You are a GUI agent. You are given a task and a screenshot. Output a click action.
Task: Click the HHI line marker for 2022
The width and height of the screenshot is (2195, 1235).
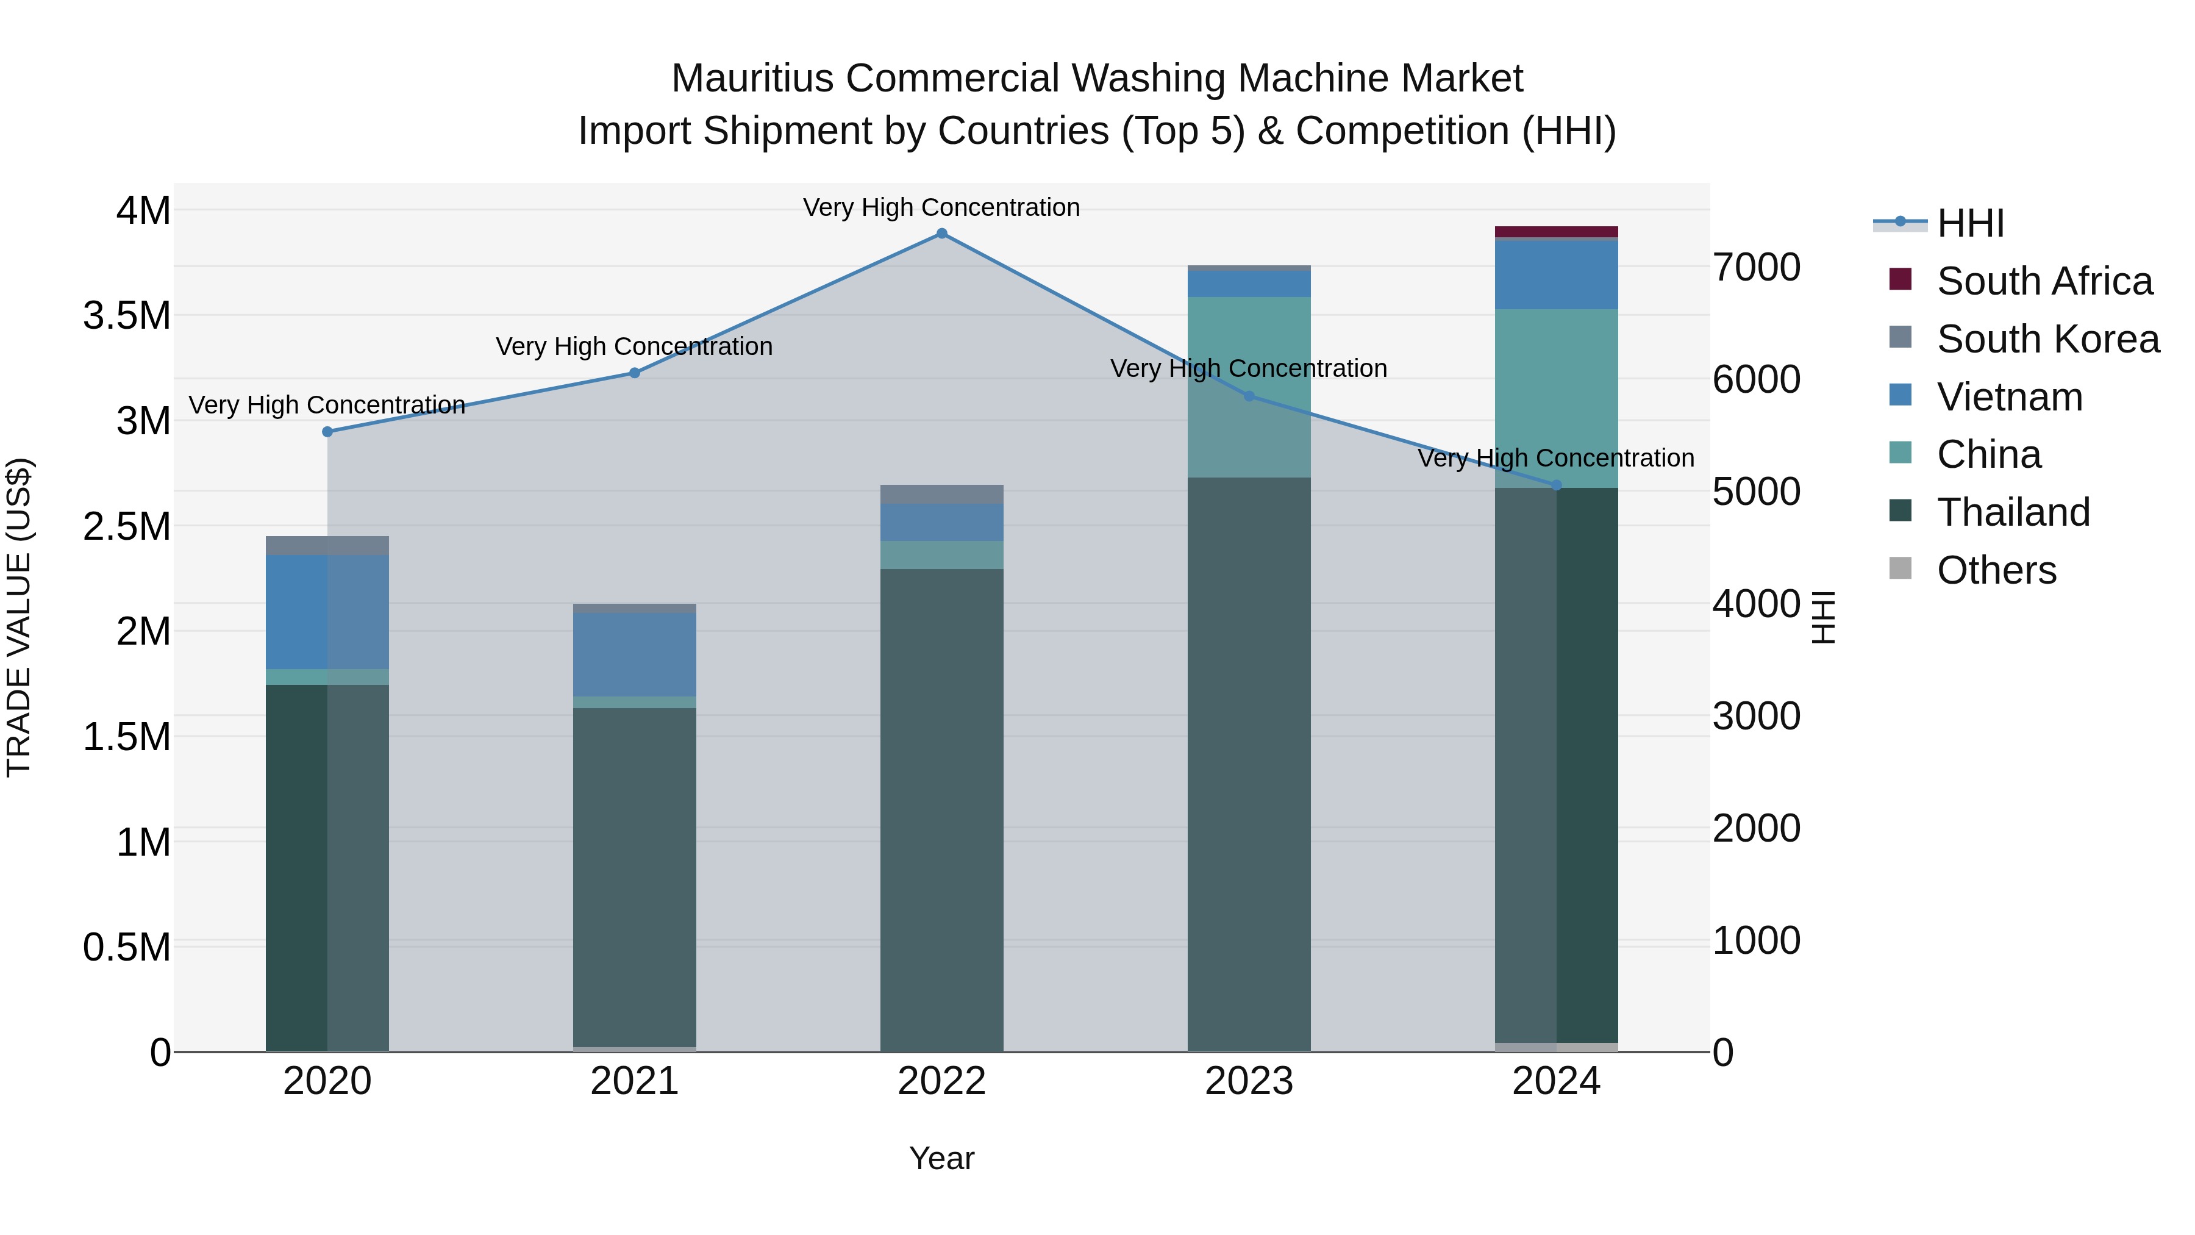click(941, 234)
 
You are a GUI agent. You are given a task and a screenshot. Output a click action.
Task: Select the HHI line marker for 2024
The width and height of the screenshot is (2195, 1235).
click(1556, 485)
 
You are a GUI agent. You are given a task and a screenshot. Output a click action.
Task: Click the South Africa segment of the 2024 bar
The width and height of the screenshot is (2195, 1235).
click(1556, 232)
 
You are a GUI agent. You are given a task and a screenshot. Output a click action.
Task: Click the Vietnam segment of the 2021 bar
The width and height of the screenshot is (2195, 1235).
click(634, 654)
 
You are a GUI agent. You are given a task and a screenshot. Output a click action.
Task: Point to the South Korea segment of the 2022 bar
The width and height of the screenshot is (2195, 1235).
click(941, 495)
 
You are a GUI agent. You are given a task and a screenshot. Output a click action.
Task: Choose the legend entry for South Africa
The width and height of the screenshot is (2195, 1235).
click(2043, 281)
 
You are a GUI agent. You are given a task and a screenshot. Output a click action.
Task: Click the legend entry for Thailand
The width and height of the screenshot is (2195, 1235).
click(2013, 512)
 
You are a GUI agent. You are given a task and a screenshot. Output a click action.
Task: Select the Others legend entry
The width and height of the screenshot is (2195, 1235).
click(1996, 570)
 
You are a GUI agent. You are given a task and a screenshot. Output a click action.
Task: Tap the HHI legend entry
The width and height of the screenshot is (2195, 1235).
click(1969, 223)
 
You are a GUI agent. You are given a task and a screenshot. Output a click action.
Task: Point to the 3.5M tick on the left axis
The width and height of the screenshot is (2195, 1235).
click(127, 315)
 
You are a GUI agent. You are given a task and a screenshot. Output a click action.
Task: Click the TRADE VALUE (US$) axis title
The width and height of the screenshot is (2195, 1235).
click(19, 617)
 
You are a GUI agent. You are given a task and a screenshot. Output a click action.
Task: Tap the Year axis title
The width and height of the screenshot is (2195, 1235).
click(941, 1158)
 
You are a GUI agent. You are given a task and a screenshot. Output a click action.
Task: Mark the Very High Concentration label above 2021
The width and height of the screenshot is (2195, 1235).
click(634, 347)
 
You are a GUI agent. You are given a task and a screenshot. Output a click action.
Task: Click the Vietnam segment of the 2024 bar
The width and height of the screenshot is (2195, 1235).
click(1556, 274)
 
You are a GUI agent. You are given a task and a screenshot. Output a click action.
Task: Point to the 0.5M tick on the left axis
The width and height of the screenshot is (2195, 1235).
click(127, 947)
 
